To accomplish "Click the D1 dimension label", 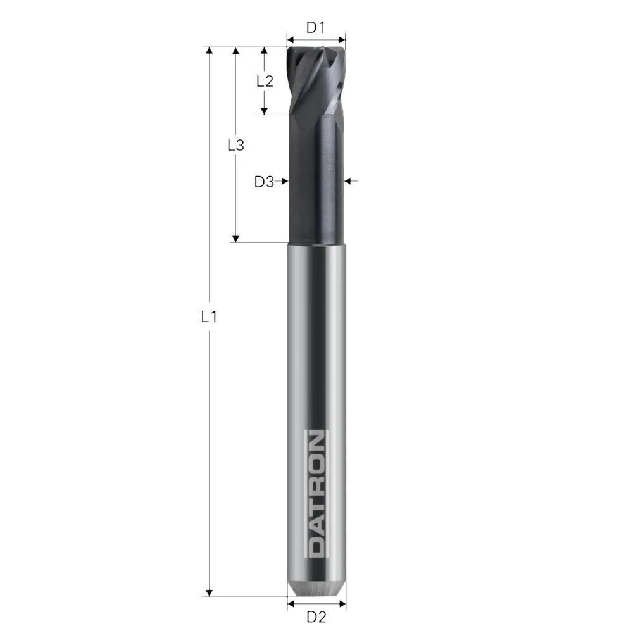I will (x=315, y=27).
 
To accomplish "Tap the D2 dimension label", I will (x=316, y=617).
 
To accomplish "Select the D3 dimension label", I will (x=264, y=182).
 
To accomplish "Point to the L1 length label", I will (x=209, y=317).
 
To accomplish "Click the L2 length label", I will (x=264, y=81).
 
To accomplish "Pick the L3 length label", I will (x=235, y=145).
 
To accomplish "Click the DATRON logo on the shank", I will (x=316, y=494).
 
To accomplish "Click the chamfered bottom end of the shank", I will (x=316, y=589).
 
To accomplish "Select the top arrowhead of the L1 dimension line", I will (x=209, y=51).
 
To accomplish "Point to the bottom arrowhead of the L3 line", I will (x=235, y=238).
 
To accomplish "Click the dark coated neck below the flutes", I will (x=316, y=184).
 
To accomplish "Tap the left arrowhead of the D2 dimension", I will (x=290, y=604).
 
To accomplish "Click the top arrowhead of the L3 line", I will (x=235, y=51).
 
